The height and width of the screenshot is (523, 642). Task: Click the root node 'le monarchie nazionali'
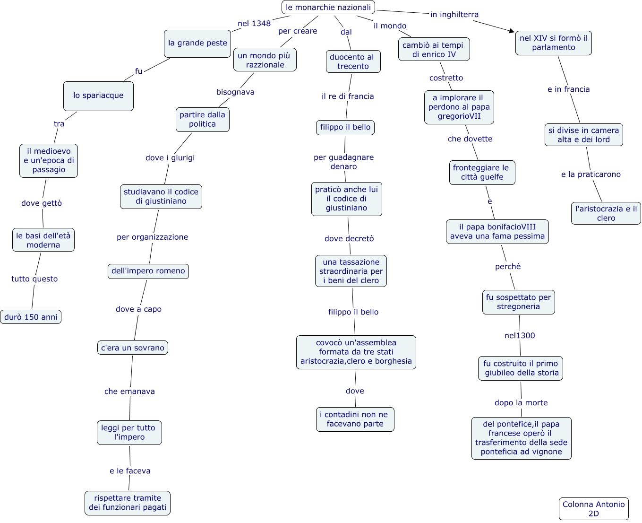[328, 8]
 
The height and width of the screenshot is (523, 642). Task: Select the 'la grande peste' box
[197, 43]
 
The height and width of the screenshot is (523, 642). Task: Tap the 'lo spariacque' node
[98, 96]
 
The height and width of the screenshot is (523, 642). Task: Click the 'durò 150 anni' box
[31, 317]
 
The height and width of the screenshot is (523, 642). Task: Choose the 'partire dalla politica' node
[202, 120]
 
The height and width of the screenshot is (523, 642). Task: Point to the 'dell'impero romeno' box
[148, 271]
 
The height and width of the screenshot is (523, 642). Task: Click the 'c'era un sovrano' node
[132, 348]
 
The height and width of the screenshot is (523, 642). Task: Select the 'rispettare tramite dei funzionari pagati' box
[128, 503]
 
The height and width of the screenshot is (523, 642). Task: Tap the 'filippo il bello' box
[345, 127]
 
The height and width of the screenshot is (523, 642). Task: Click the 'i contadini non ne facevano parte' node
[355, 419]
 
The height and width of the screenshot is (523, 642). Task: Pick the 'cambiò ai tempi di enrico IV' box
[434, 50]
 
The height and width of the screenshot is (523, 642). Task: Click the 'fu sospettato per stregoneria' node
[518, 302]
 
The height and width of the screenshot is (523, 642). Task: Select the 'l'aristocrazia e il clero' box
[606, 213]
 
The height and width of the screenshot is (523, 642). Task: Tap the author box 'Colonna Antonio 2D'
[593, 509]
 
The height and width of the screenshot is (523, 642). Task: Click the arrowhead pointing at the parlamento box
[512, 31]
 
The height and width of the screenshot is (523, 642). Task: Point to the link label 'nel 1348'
[254, 24]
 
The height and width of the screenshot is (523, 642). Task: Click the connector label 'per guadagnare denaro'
[343, 162]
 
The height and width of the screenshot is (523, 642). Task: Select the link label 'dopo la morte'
[521, 403]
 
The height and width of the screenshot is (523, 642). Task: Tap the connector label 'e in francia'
[568, 89]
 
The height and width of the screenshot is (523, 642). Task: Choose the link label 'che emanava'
[129, 392]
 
